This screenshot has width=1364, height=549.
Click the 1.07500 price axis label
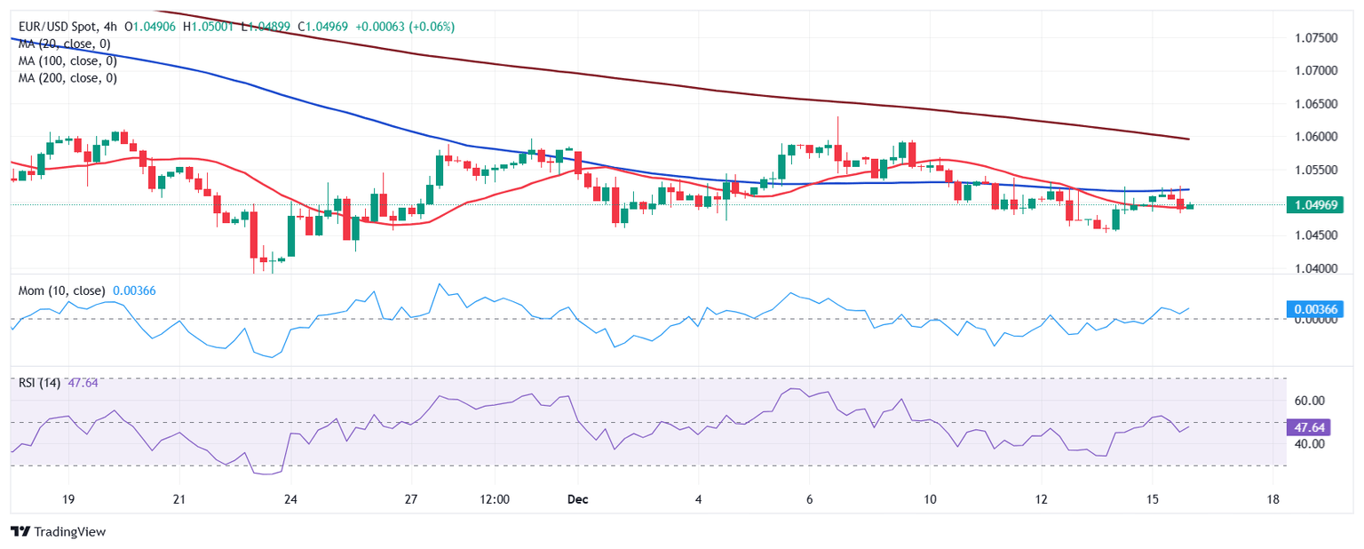tap(1315, 37)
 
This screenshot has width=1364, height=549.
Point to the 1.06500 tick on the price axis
tap(1315, 104)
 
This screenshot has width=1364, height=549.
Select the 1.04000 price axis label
tap(1315, 268)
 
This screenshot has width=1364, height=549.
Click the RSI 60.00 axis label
tap(1308, 401)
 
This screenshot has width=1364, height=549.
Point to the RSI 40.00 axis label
tap(1308, 443)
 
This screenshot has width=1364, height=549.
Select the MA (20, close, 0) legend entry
tap(67, 44)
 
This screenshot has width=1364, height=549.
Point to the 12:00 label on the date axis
tap(494, 499)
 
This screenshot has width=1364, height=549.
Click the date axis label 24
tap(290, 499)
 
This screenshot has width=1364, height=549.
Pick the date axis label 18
tap(1273, 499)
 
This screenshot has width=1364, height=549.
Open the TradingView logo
tap(58, 531)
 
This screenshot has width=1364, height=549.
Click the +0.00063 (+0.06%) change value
tap(404, 27)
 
